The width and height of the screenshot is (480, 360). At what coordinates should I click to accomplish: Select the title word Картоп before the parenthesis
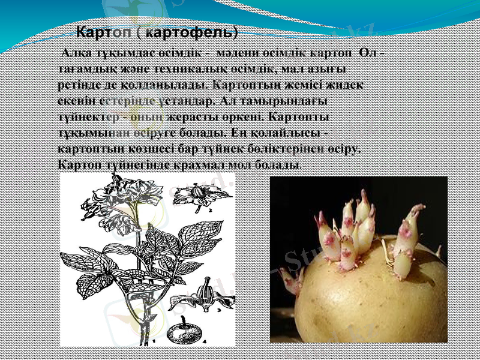[x=103, y=30]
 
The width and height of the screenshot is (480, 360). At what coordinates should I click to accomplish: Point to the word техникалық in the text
[x=203, y=70]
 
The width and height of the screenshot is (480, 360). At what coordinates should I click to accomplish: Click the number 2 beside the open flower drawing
[x=209, y=211]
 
